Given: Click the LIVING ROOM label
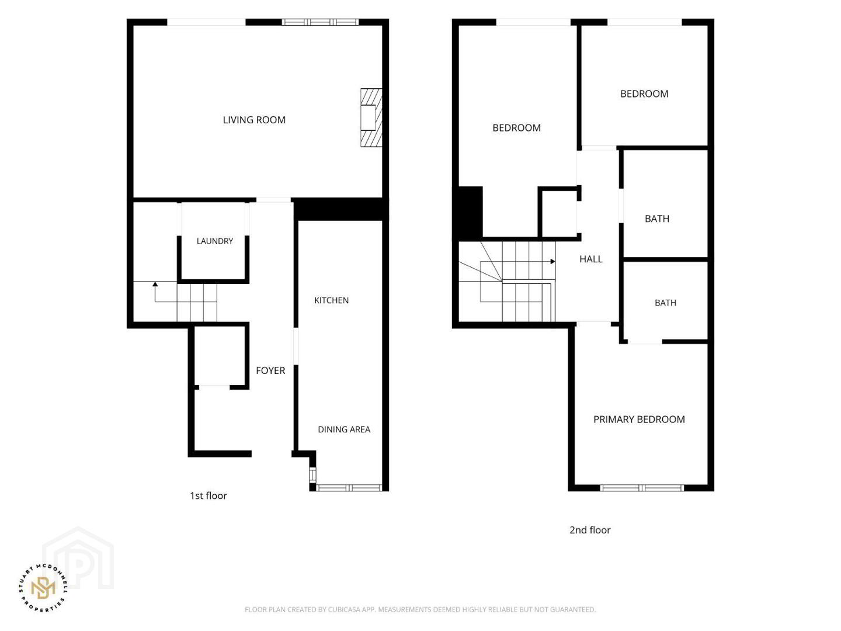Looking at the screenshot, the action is pyautogui.click(x=254, y=120).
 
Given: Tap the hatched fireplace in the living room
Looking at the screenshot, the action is pyautogui.click(x=371, y=117).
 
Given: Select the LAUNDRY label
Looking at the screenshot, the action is pyautogui.click(x=214, y=241).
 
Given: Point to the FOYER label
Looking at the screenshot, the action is pyautogui.click(x=270, y=370).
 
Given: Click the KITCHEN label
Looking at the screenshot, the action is pyautogui.click(x=331, y=300).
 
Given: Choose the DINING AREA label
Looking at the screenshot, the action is pyautogui.click(x=344, y=429).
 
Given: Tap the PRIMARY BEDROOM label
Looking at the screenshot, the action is pyautogui.click(x=639, y=419).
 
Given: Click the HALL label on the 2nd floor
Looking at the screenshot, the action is pyautogui.click(x=591, y=259).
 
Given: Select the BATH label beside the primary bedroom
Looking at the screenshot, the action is pyautogui.click(x=666, y=303).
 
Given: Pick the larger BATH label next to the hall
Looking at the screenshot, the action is pyautogui.click(x=657, y=219).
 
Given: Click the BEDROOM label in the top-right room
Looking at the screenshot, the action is pyautogui.click(x=644, y=94).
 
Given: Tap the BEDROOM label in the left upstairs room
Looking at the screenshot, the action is pyautogui.click(x=516, y=128).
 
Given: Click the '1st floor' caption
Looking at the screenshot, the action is pyautogui.click(x=208, y=496).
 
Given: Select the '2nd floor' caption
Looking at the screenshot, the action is pyautogui.click(x=590, y=530).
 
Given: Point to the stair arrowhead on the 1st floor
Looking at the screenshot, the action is pyautogui.click(x=155, y=285).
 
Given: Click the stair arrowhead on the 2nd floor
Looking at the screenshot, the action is pyautogui.click(x=553, y=261).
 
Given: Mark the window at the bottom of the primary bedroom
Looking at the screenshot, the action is pyautogui.click(x=642, y=488).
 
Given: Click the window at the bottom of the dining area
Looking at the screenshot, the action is pyautogui.click(x=349, y=488).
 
